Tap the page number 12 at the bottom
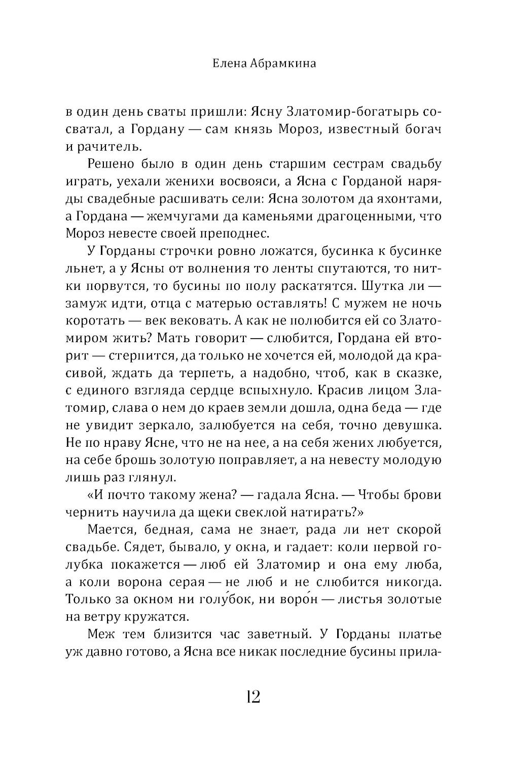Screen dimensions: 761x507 click(253, 697)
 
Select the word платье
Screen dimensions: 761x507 click(420, 634)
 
